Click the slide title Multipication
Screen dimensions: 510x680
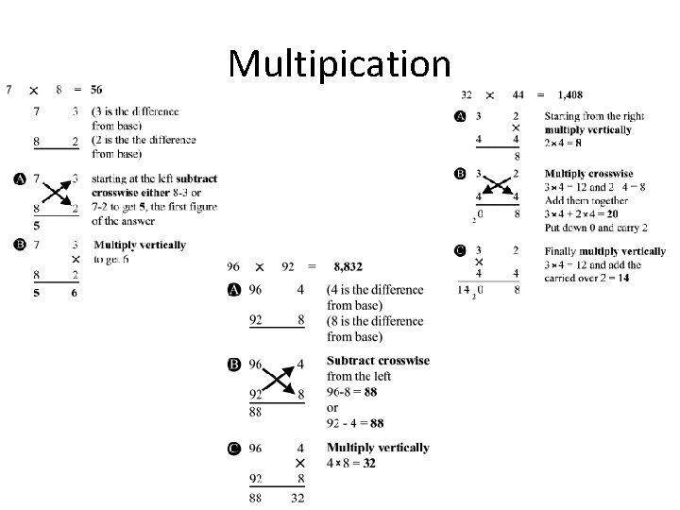click(x=339, y=63)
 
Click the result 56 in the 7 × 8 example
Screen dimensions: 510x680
click(x=97, y=91)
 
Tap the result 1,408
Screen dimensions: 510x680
click(x=570, y=94)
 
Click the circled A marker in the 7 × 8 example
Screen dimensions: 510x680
click(x=19, y=178)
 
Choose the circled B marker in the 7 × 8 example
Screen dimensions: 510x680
click(x=19, y=245)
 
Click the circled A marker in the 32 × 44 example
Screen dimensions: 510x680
click(x=460, y=116)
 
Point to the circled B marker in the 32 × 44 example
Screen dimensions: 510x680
click(x=460, y=174)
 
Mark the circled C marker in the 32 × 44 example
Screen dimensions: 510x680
click(x=460, y=250)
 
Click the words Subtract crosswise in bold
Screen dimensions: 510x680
click(x=378, y=361)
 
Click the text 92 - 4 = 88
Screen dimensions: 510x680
click(x=355, y=422)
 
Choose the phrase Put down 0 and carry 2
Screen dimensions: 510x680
click(x=597, y=228)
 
